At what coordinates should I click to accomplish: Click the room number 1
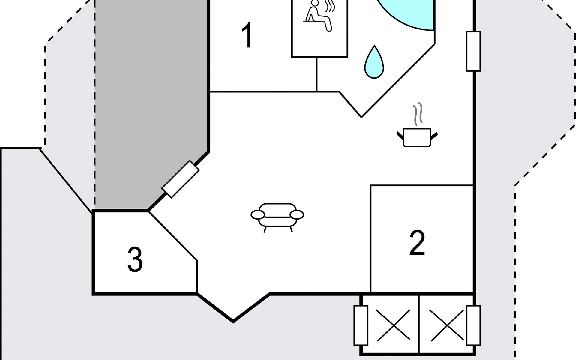pos(247,35)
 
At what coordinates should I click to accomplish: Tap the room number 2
pos(417,243)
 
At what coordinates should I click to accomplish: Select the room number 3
pos(135,260)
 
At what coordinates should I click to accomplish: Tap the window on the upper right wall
pos(473,51)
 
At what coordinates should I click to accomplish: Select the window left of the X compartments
pos(361,325)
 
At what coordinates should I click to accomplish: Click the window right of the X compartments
pos(473,325)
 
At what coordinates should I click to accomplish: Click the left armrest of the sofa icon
pos(258,215)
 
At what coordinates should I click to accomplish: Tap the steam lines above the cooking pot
pos(418,114)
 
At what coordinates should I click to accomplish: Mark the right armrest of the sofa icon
pos(297,215)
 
